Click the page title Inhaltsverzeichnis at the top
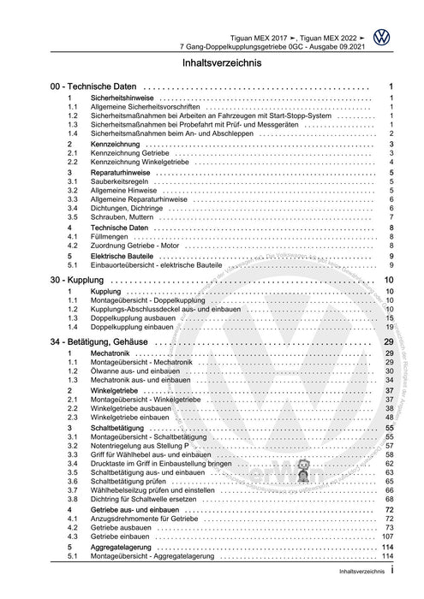click(212, 62)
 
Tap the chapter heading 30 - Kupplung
click(69, 280)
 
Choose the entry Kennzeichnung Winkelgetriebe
click(142, 161)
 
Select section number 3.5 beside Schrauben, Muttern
click(73, 217)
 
